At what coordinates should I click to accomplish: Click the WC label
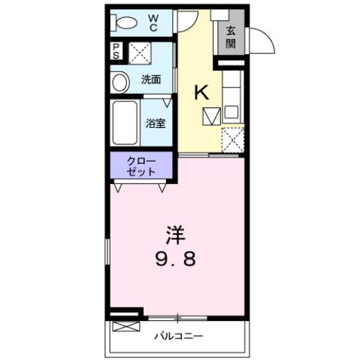point(153,23)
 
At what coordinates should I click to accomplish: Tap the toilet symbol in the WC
point(124,23)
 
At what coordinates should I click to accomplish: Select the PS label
point(116,51)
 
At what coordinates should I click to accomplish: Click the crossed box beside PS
point(138,51)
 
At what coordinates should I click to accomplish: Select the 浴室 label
point(156,123)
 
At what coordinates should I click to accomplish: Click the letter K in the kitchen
point(202,92)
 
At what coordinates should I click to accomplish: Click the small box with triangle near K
point(211,116)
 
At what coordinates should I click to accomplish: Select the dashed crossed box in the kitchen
point(233,141)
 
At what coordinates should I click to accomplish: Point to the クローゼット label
point(142,165)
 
